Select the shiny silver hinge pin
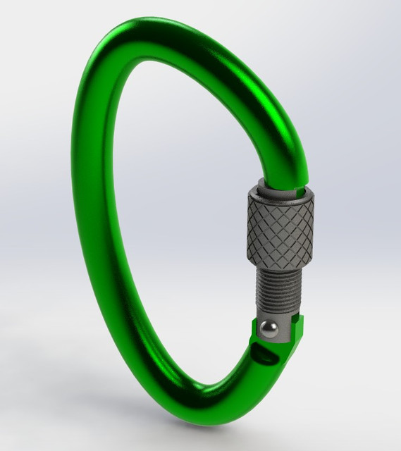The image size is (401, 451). [269, 328]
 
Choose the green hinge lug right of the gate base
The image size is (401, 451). [299, 328]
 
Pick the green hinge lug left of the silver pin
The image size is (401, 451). [254, 331]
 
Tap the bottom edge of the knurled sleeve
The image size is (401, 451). [280, 265]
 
